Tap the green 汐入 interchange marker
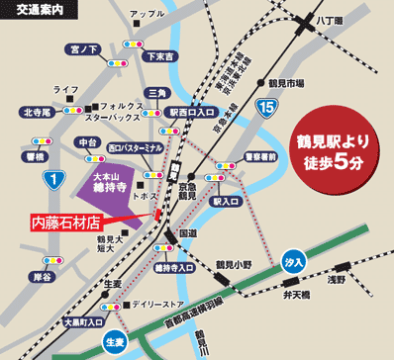tap(292, 264)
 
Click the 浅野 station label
tap(364, 279)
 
